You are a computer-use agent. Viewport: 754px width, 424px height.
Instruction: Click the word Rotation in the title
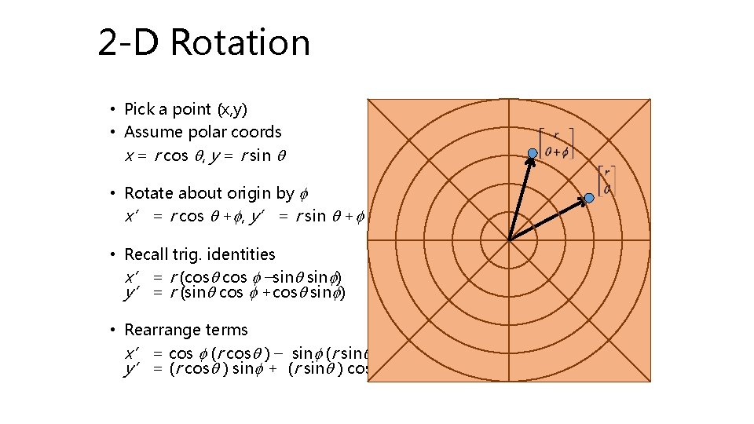click(x=240, y=42)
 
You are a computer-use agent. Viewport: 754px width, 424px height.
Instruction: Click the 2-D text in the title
click(x=128, y=42)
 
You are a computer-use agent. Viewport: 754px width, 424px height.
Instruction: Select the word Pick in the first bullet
click(x=141, y=109)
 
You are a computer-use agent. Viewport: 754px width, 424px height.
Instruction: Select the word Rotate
click(x=148, y=193)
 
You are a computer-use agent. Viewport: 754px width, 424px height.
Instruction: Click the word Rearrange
click(x=162, y=330)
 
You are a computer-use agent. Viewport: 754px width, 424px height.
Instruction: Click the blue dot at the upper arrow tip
click(x=532, y=152)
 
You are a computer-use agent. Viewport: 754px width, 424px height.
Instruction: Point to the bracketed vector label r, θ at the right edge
click(x=606, y=180)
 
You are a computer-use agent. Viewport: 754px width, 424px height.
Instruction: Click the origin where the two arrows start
click(x=509, y=240)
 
